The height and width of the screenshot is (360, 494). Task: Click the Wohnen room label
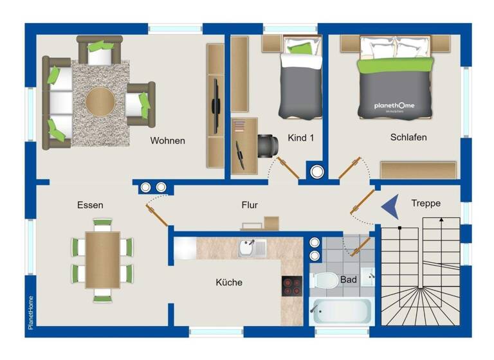tap(168, 141)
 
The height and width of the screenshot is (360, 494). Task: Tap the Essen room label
tap(90, 205)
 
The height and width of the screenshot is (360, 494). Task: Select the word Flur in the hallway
tap(250, 205)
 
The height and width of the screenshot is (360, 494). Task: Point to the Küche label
tap(229, 282)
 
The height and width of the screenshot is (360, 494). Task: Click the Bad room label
tap(349, 280)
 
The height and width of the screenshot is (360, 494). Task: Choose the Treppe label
tap(426, 203)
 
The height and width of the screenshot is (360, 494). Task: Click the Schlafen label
tap(408, 137)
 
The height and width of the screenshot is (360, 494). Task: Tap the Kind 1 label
tap(300, 137)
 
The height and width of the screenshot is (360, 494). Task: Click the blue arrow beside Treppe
tap(390, 207)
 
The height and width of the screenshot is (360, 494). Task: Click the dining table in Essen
tap(102, 260)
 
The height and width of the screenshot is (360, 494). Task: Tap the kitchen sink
tap(252, 248)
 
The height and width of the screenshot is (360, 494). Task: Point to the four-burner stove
tap(291, 286)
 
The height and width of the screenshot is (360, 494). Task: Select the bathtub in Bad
tap(341, 312)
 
